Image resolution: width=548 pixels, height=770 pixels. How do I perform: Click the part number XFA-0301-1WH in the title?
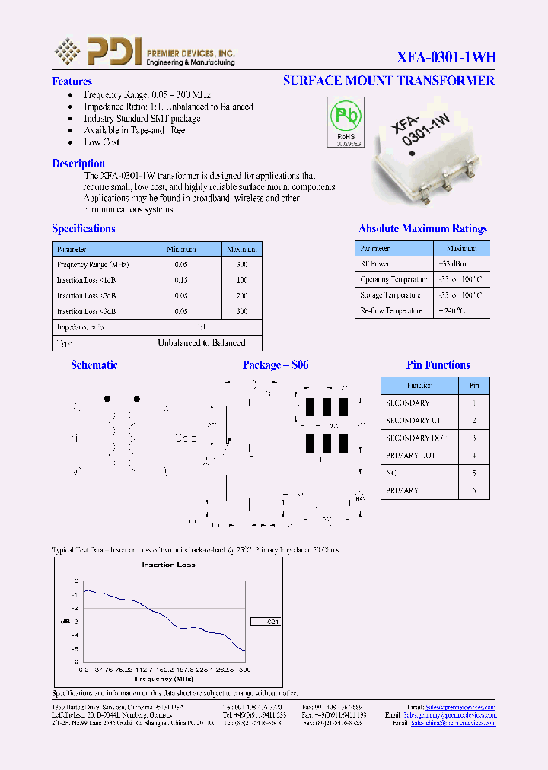[446, 57]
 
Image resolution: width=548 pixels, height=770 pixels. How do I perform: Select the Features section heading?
[72, 81]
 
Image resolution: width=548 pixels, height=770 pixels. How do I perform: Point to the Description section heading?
[78, 164]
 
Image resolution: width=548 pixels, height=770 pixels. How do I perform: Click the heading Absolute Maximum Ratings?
[422, 228]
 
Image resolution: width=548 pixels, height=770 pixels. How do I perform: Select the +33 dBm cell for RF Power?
[461, 263]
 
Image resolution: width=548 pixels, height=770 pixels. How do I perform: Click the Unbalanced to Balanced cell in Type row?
[201, 343]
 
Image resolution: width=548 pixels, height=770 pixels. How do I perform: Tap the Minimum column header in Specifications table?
[181, 249]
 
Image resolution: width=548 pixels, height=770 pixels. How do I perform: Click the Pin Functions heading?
[438, 365]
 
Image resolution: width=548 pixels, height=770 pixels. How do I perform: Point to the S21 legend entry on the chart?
[266, 621]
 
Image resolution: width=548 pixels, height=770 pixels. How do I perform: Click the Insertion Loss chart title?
[168, 565]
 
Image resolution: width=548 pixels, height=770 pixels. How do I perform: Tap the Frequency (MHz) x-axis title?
[164, 677]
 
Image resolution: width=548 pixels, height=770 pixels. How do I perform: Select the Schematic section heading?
[94, 365]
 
